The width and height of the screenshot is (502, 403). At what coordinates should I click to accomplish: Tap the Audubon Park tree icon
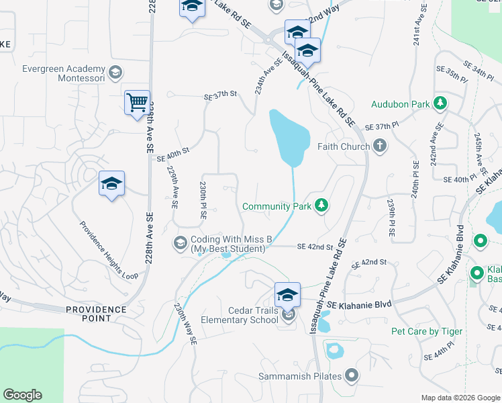(x=440, y=104)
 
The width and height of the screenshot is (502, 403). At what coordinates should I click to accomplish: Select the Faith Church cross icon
(x=380, y=146)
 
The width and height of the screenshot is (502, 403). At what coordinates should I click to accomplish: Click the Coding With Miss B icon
(x=180, y=242)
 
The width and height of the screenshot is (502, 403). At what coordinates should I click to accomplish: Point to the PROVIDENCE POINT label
(x=96, y=310)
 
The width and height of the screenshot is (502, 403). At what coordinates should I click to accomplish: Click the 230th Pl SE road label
(x=203, y=199)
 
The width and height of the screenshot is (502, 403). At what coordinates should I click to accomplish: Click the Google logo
(x=22, y=394)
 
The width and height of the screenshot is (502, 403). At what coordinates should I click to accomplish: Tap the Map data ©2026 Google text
(x=460, y=398)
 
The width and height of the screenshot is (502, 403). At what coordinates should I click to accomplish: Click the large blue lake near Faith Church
(x=289, y=138)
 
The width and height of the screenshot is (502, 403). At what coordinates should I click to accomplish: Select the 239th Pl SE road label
(x=391, y=216)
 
